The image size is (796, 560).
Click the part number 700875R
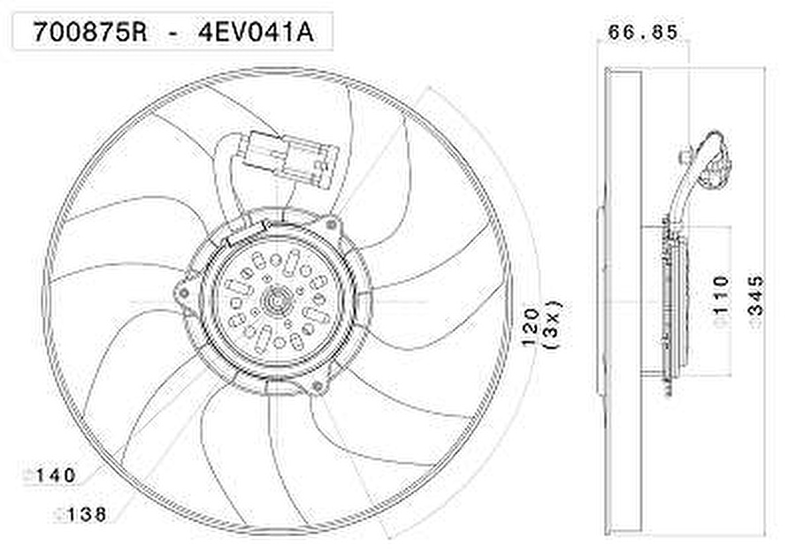click(x=90, y=33)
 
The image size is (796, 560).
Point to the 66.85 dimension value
click(x=643, y=33)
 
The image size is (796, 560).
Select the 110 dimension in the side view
click(x=721, y=293)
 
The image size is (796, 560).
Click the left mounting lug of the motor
click(x=184, y=291)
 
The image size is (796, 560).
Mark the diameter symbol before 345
click(x=755, y=324)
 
